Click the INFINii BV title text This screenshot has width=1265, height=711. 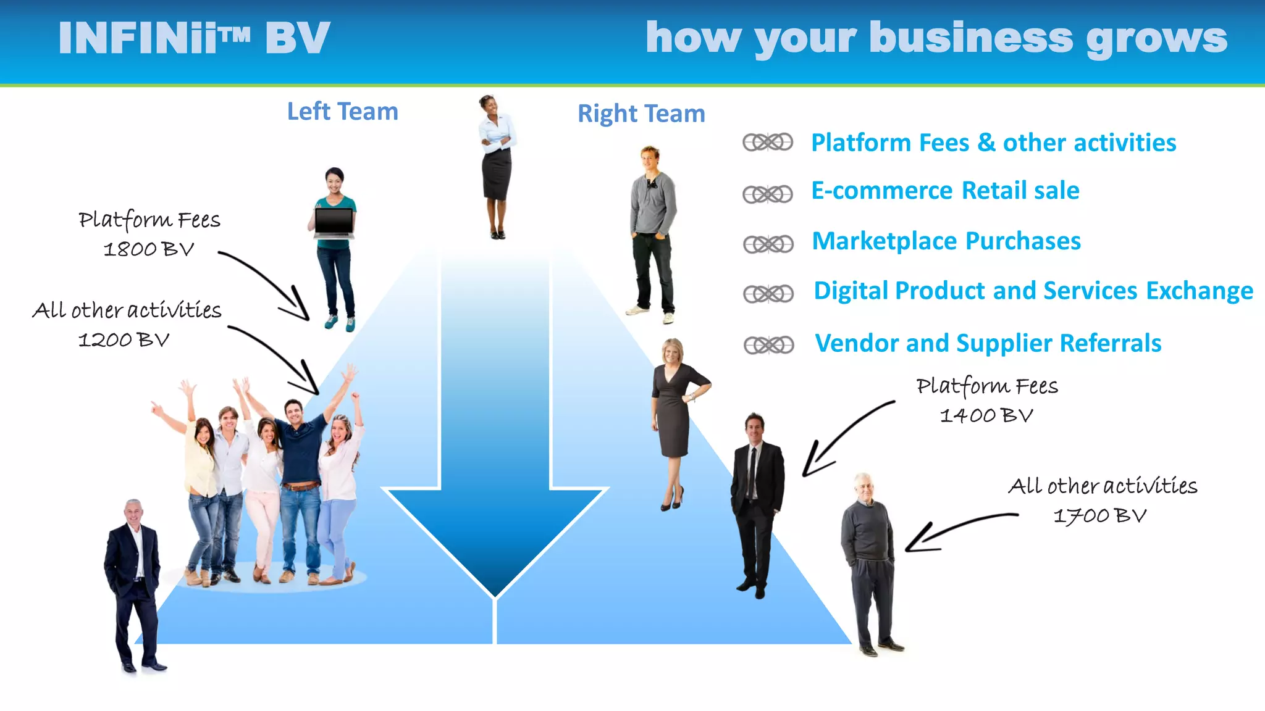[x=194, y=38]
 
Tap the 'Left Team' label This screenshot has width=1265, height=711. [x=342, y=112]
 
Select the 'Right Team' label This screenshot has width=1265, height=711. [x=641, y=114]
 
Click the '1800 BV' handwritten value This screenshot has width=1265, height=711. [x=148, y=249]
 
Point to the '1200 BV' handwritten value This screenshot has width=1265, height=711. [x=124, y=339]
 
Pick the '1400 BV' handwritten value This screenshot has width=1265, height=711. [x=986, y=415]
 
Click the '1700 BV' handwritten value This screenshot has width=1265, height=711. [x=1099, y=515]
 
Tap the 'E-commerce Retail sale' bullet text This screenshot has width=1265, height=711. [x=945, y=191]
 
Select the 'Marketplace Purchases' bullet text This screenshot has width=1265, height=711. [x=946, y=241]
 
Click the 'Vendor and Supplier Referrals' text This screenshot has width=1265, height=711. [x=988, y=343]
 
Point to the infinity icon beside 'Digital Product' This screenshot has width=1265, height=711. [x=768, y=294]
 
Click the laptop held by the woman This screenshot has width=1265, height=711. [x=334, y=223]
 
